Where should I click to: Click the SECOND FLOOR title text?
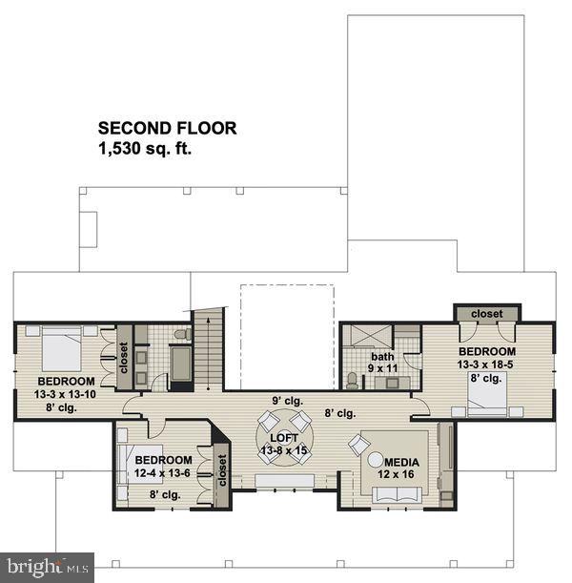click(x=167, y=128)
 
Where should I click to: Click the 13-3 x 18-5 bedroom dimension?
click(x=485, y=363)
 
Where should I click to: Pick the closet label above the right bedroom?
click(x=486, y=313)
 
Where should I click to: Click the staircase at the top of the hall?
click(x=209, y=348)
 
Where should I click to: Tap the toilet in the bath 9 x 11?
click(x=353, y=381)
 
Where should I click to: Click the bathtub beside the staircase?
click(x=181, y=365)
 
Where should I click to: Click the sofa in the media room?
click(x=396, y=493)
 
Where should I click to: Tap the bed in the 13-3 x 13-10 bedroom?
click(x=62, y=349)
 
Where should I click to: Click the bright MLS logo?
click(x=47, y=567)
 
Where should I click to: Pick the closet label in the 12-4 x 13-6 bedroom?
click(x=222, y=470)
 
